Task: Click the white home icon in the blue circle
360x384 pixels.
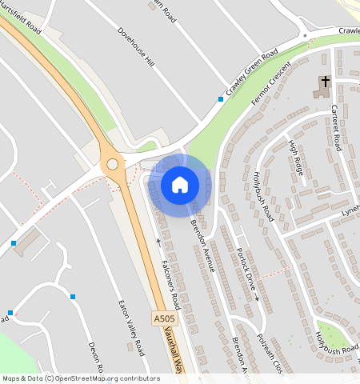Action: tap(180, 185)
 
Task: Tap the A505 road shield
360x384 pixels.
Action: tap(162, 318)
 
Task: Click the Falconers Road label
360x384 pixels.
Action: tap(170, 286)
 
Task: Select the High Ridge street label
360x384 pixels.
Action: tap(298, 158)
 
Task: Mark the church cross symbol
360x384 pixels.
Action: tap(325, 82)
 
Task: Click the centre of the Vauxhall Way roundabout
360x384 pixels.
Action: tap(113, 165)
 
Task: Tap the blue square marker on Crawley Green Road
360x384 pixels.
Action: tap(221, 99)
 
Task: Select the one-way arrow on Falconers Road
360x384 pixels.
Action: tap(158, 242)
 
